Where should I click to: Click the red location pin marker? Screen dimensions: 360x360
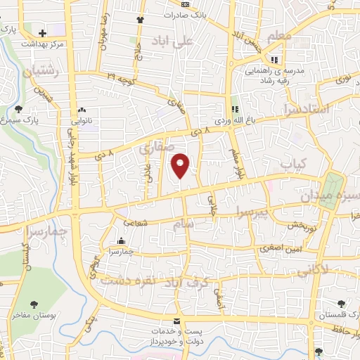(x=181, y=165)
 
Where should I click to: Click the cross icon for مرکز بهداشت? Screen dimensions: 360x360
(x=43, y=32)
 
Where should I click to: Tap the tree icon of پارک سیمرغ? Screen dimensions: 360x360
(x=18, y=109)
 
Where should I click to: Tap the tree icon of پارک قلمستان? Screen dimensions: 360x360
(x=340, y=304)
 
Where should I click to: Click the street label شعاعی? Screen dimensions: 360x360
(x=136, y=224)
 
